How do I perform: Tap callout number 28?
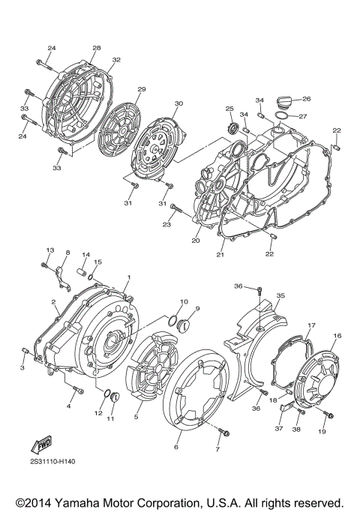click(96, 48)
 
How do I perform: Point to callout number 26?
click(306, 99)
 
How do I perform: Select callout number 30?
click(178, 103)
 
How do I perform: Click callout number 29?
click(141, 90)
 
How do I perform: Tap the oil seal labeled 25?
click(231, 126)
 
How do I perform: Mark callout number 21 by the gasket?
click(221, 256)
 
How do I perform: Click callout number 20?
click(195, 241)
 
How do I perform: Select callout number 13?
click(50, 250)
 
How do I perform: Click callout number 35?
click(280, 295)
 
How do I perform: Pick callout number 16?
click(337, 336)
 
